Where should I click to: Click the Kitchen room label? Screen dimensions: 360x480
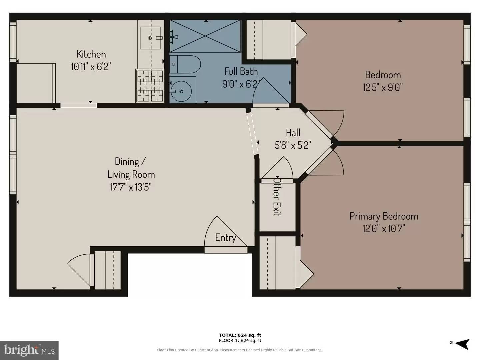(x=91, y=54)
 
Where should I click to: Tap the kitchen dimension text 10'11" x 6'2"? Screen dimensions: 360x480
(x=91, y=66)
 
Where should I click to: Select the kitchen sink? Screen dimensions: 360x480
(x=150, y=38)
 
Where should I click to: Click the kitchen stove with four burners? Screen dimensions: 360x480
(x=150, y=86)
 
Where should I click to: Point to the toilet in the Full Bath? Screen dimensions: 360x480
(x=187, y=64)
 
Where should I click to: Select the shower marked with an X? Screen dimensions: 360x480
(x=205, y=36)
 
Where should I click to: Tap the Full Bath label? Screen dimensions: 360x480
(x=241, y=71)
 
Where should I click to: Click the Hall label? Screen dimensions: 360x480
(x=293, y=133)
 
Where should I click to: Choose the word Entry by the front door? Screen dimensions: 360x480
(x=225, y=238)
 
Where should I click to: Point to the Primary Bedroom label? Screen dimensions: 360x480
(x=384, y=216)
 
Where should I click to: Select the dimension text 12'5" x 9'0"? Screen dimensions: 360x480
(x=383, y=87)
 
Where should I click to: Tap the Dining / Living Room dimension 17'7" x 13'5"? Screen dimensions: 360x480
(x=131, y=187)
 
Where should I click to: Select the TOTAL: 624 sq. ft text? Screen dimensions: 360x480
(x=240, y=335)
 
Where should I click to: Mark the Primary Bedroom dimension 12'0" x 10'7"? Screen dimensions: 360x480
(x=384, y=229)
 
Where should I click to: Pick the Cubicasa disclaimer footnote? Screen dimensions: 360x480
(x=240, y=350)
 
